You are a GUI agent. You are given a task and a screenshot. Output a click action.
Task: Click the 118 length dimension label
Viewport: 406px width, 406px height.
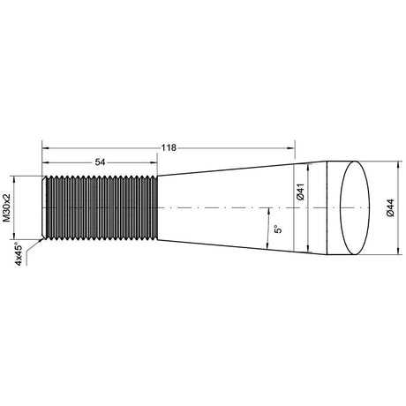point(169,147)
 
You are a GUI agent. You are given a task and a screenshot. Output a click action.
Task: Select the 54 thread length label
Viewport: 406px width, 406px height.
point(100,162)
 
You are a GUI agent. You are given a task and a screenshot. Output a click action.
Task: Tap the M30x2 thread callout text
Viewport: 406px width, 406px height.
point(6,207)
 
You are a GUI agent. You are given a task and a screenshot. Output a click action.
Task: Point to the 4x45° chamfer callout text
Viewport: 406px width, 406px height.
point(19,254)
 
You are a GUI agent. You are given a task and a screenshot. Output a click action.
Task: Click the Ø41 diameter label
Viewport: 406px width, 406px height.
point(300,192)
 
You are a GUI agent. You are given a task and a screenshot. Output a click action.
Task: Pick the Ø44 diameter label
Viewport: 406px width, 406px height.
point(391,208)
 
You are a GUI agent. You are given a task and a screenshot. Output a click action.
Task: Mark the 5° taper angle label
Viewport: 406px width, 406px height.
point(278,229)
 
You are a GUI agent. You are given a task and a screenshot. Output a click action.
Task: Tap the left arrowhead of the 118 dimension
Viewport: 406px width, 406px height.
point(46,148)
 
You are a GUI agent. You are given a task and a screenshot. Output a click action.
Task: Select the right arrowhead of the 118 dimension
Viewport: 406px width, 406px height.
point(290,148)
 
